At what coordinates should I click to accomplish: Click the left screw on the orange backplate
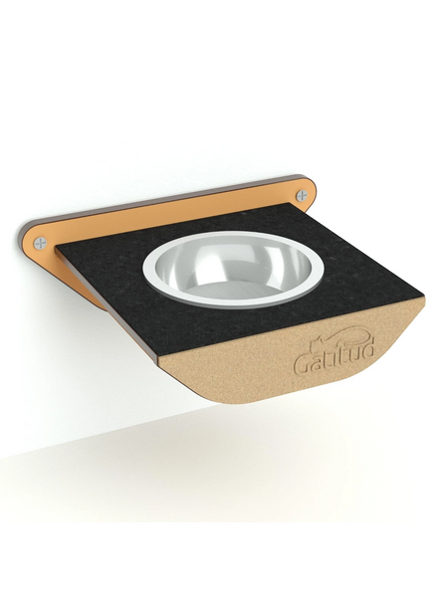coord(41,241)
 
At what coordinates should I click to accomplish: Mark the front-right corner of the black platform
coord(422,292)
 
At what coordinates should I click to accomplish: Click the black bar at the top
coord(224,35)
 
